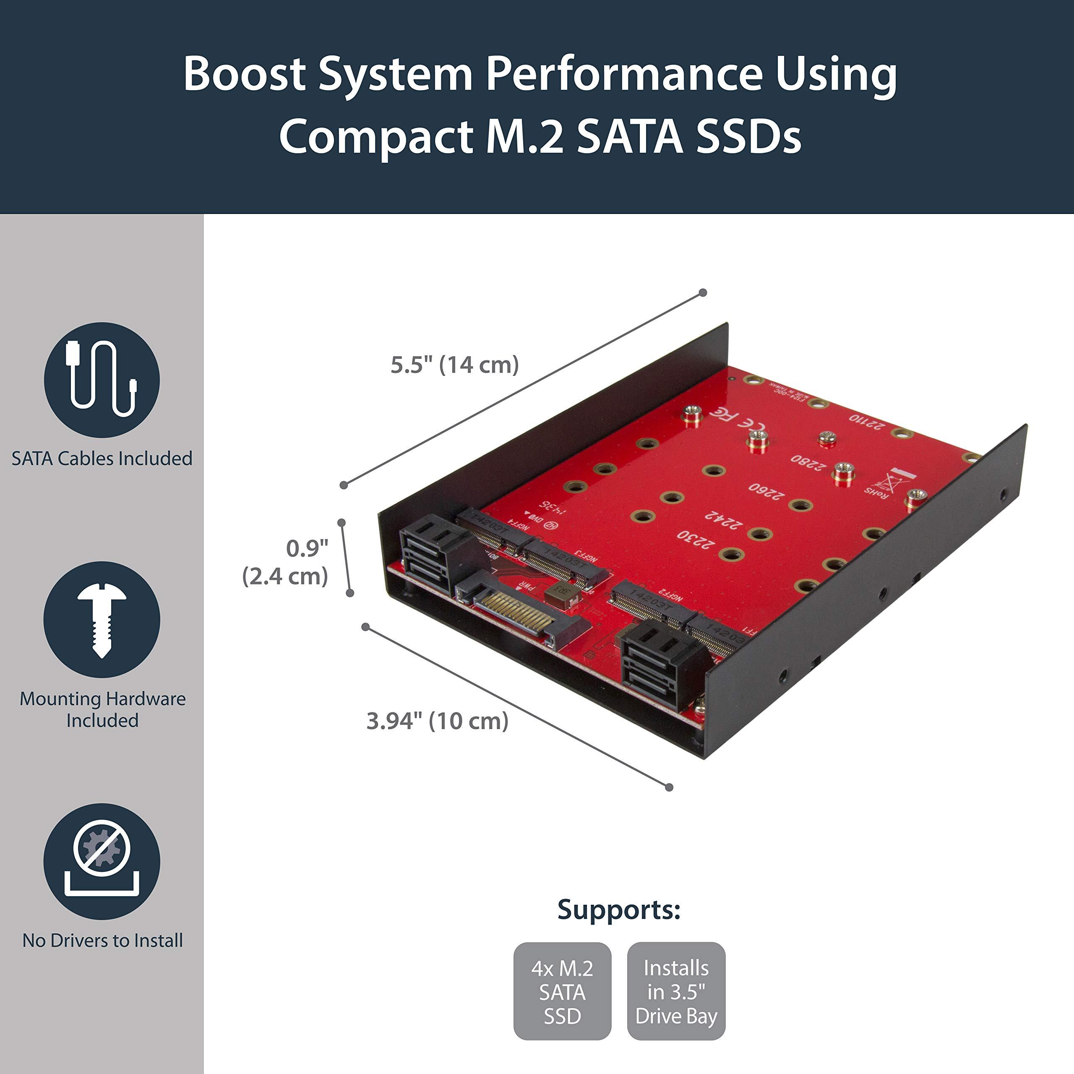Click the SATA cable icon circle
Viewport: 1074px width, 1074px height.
coord(102,380)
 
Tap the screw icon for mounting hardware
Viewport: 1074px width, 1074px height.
coord(102,619)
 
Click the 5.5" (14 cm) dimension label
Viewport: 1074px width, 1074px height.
coord(454,365)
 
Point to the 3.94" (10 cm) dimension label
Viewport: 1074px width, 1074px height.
coord(437,721)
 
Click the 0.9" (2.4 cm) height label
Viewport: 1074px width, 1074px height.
coord(284,562)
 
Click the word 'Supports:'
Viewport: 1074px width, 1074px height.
coord(619,910)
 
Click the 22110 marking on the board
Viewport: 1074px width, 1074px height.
coord(865,422)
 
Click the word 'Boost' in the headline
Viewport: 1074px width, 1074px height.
coord(245,74)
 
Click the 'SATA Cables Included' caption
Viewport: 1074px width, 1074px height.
coord(102,459)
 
